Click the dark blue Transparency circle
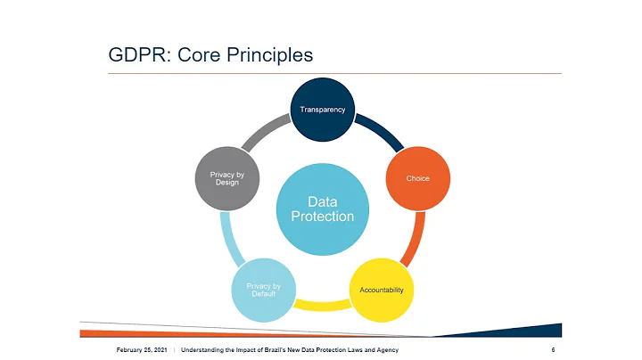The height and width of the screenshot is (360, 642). pyautogui.click(x=322, y=110)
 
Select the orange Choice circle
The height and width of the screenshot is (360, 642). pyautogui.click(x=417, y=178)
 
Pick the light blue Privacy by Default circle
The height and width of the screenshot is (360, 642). pyautogui.click(x=263, y=290)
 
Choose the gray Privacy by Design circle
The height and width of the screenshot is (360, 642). pyautogui.click(x=226, y=178)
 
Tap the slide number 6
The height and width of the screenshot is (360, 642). pyautogui.click(x=554, y=349)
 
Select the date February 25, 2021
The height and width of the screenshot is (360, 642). pyautogui.click(x=141, y=349)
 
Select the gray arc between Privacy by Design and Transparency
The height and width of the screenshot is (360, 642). pyautogui.click(x=265, y=134)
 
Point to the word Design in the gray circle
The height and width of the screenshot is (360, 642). pyautogui.click(x=226, y=184)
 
